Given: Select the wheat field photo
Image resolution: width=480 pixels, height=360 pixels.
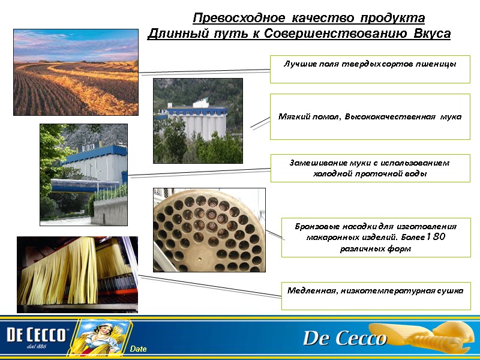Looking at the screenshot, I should pyautogui.click(x=76, y=72).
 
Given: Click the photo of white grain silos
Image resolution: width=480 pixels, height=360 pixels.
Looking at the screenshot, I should pyautogui.click(x=198, y=121).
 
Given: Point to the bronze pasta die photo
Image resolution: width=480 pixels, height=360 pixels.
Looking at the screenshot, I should pyautogui.click(x=209, y=230).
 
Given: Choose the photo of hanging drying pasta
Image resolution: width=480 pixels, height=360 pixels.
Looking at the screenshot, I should pyautogui.click(x=77, y=274).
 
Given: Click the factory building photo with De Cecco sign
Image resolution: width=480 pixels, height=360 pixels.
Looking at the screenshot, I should pyautogui.click(x=83, y=175).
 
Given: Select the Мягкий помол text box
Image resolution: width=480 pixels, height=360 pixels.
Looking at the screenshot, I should pyautogui.click(x=370, y=116).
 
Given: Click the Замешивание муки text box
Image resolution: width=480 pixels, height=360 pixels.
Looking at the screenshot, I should pyautogui.click(x=370, y=168).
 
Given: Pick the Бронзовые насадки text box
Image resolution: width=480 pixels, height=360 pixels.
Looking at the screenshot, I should pyautogui.click(x=376, y=238).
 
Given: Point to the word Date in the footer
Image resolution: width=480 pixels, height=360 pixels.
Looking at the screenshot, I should pyautogui.click(x=138, y=349).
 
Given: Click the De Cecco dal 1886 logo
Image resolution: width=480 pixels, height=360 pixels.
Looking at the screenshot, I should pyautogui.click(x=37, y=338).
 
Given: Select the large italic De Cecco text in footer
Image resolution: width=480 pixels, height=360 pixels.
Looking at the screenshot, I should pyautogui.click(x=344, y=338).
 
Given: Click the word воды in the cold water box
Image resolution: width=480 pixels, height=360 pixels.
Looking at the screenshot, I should pyautogui.click(x=415, y=173).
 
